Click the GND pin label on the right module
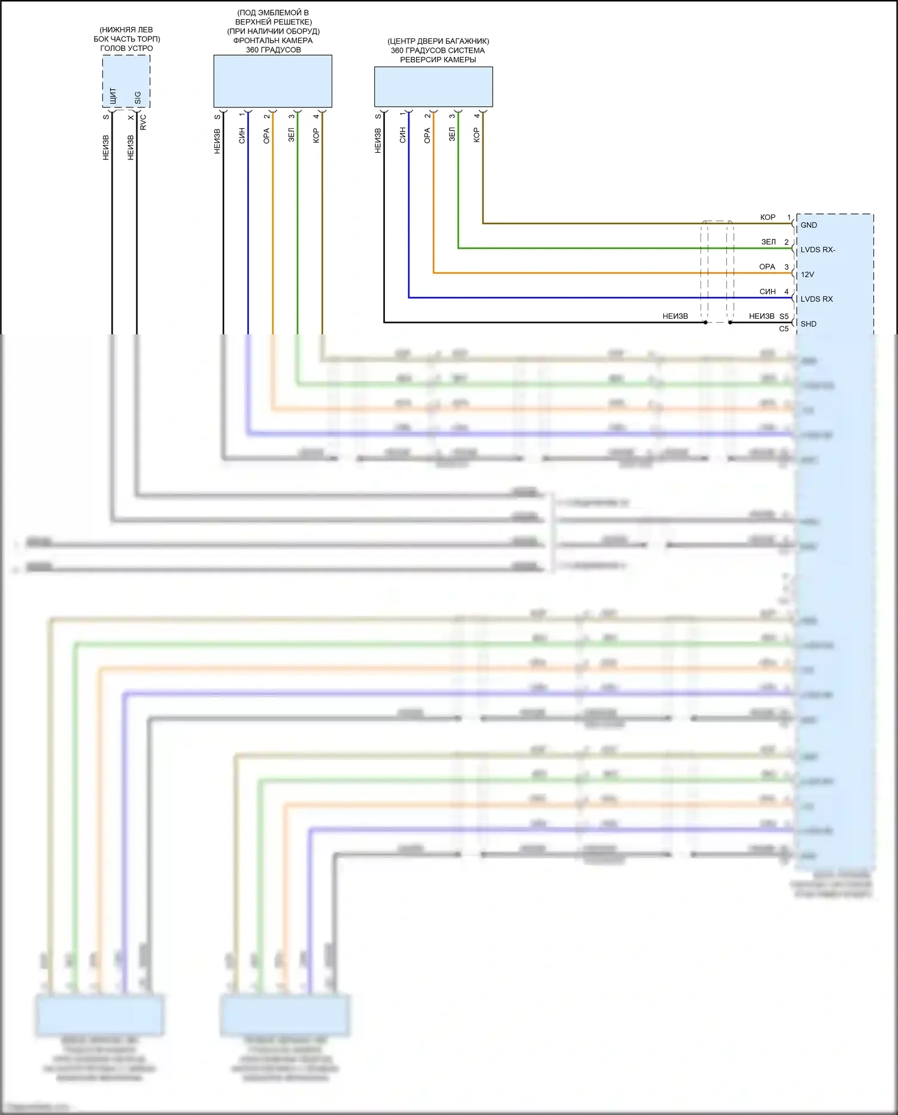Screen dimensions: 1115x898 [x=808, y=225]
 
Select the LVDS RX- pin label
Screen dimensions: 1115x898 [x=818, y=250]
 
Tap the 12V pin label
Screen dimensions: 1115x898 [x=807, y=274]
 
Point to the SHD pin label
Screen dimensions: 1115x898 [x=808, y=324]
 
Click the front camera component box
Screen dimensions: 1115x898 [x=272, y=81]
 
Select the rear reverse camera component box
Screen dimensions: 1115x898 [x=433, y=86]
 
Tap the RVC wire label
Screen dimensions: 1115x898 [x=143, y=122]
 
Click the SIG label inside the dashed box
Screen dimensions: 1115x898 [x=138, y=98]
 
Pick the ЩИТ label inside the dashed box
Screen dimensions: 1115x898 [x=113, y=96]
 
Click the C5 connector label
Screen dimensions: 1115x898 [x=784, y=329]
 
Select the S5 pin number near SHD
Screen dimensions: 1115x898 [x=784, y=316]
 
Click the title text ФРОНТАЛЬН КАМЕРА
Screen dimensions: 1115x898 [x=273, y=41]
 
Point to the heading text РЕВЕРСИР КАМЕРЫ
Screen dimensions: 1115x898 [x=438, y=60]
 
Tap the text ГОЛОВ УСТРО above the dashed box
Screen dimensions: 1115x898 [x=126, y=49]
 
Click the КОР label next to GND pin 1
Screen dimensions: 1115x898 [x=767, y=217]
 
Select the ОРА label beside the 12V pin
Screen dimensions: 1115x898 [x=767, y=267]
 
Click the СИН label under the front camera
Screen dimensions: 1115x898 [x=242, y=135]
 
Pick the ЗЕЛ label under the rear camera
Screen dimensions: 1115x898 [x=452, y=134]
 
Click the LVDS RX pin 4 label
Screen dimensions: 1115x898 [x=817, y=299]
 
